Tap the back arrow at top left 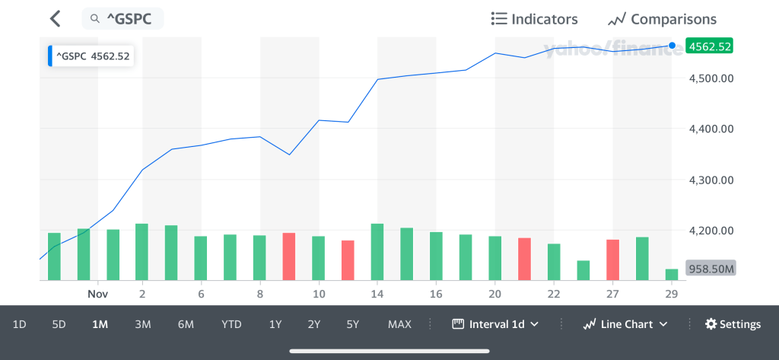pyautogui.click(x=54, y=19)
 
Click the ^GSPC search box pyautogui.click(x=122, y=19)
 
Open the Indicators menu pyautogui.click(x=534, y=19)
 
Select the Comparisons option pyautogui.click(x=662, y=19)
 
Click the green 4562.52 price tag pyautogui.click(x=709, y=46)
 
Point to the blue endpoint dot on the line pyautogui.click(x=672, y=46)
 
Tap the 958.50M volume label pyautogui.click(x=710, y=269)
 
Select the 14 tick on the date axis pyautogui.click(x=377, y=293)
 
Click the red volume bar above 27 pyautogui.click(x=612, y=260)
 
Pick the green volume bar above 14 pyautogui.click(x=377, y=252)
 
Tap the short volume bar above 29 pyautogui.click(x=671, y=275)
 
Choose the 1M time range pyautogui.click(x=100, y=324)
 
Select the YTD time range pyautogui.click(x=231, y=324)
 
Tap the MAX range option pyautogui.click(x=399, y=324)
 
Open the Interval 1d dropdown pyautogui.click(x=495, y=324)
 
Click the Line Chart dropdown pyautogui.click(x=625, y=324)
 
